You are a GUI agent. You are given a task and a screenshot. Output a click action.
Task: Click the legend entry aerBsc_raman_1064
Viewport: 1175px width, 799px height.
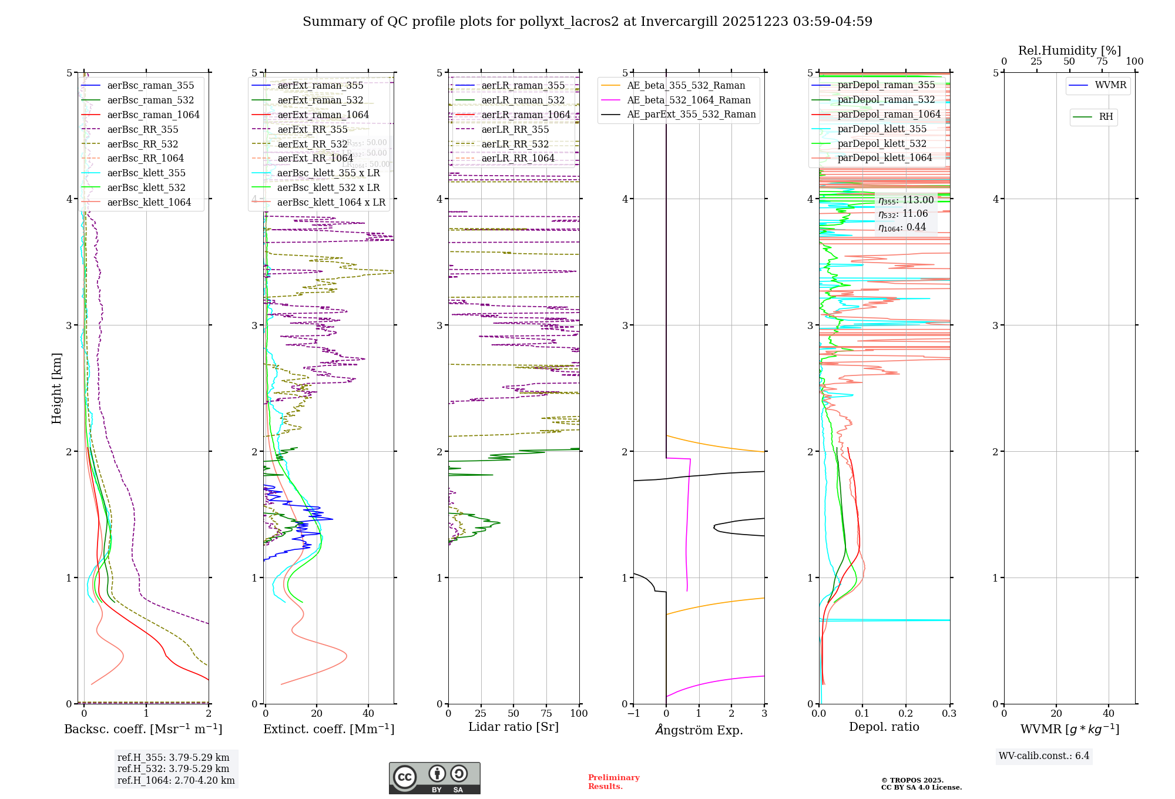tap(153, 115)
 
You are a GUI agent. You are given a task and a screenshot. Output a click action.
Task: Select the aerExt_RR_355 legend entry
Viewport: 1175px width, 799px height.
tap(312, 129)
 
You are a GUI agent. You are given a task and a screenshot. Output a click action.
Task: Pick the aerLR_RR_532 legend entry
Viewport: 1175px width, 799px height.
tap(515, 144)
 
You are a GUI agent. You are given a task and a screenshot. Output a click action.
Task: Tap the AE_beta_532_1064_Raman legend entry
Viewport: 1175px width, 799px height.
tap(689, 100)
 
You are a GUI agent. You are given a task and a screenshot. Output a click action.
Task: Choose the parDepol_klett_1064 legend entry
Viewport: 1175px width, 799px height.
tap(885, 157)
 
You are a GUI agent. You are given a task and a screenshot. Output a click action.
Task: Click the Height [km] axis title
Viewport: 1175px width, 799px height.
tap(56, 388)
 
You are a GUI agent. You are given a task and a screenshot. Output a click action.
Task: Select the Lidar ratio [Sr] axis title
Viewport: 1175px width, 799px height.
tap(513, 727)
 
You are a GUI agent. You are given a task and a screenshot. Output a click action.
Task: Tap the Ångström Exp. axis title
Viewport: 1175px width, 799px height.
tap(699, 730)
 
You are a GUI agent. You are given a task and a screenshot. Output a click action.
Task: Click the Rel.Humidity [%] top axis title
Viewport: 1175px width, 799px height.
tap(1069, 51)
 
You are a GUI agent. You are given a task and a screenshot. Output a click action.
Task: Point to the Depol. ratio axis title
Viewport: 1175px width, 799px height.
tap(884, 727)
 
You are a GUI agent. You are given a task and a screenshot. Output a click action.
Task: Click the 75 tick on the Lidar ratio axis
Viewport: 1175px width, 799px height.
tap(546, 713)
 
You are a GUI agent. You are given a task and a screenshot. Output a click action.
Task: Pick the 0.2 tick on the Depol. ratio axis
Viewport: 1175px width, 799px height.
tap(906, 713)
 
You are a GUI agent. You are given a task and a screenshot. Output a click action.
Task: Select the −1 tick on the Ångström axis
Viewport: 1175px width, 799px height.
tap(633, 713)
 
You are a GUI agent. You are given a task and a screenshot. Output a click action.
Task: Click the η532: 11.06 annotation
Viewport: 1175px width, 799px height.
tap(903, 214)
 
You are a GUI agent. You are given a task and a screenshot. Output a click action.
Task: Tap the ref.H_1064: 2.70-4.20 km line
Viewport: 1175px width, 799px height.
tap(176, 780)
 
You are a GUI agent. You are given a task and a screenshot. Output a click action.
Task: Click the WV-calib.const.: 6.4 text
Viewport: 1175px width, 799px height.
tap(1044, 756)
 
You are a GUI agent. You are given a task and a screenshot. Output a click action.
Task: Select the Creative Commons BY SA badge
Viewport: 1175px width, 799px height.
tap(434, 778)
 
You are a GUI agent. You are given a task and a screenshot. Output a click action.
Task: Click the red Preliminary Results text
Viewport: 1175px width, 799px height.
tap(613, 781)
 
